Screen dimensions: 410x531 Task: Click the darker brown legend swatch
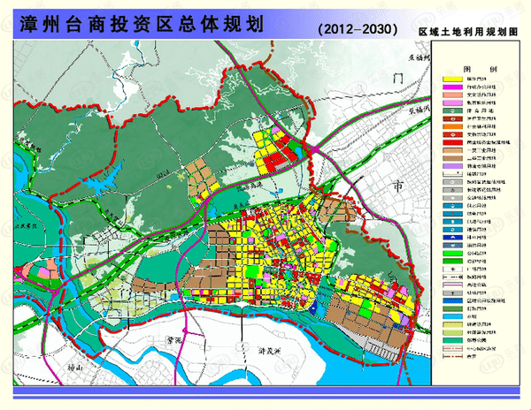click(451, 157)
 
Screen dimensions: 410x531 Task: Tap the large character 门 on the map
click(398, 80)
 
